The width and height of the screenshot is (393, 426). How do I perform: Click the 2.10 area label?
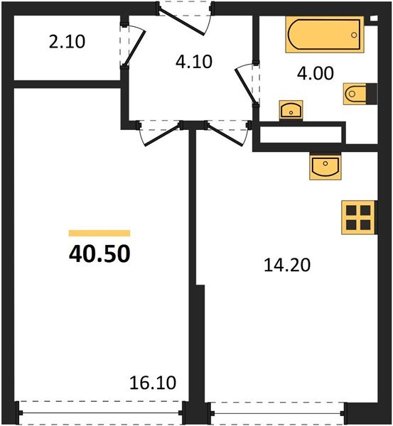point(68,42)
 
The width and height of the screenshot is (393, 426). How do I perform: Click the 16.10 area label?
point(154,384)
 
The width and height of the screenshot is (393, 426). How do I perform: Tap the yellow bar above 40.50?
point(99,233)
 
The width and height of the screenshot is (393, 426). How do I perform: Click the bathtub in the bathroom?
point(325,34)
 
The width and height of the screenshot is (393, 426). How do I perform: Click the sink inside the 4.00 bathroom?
point(291,110)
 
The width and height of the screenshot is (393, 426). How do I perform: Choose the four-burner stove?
point(357,217)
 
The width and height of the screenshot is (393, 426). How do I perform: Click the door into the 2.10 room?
point(132,47)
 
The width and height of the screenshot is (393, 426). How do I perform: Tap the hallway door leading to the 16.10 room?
point(159,132)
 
